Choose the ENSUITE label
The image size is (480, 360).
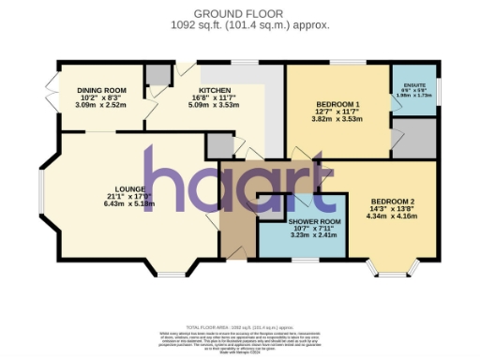coord(413,84)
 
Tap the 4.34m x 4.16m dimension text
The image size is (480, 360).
coord(392,217)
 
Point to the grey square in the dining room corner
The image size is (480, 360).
coord(157,74)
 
